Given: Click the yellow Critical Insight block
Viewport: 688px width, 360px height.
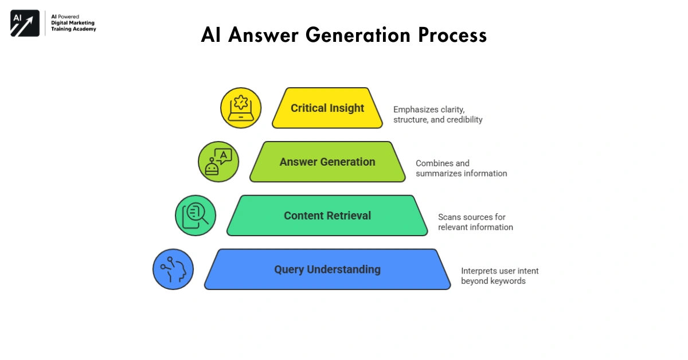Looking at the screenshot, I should [x=327, y=108].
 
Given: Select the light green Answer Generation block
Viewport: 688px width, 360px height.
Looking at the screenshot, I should [x=327, y=162].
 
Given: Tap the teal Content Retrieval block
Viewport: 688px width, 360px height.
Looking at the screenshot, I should [x=327, y=216].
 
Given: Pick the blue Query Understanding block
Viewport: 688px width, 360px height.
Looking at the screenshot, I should [x=327, y=269].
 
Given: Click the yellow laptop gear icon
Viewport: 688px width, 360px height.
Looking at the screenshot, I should [x=241, y=108].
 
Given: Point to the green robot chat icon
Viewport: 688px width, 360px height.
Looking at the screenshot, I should [x=218, y=162].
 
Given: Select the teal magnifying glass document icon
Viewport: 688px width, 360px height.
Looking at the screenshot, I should [x=196, y=216].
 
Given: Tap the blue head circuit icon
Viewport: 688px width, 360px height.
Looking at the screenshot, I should [x=173, y=269].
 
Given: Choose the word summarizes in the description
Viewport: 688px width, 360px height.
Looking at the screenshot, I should [x=439, y=174].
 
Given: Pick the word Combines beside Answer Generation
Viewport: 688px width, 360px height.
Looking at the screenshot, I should [x=435, y=163].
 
